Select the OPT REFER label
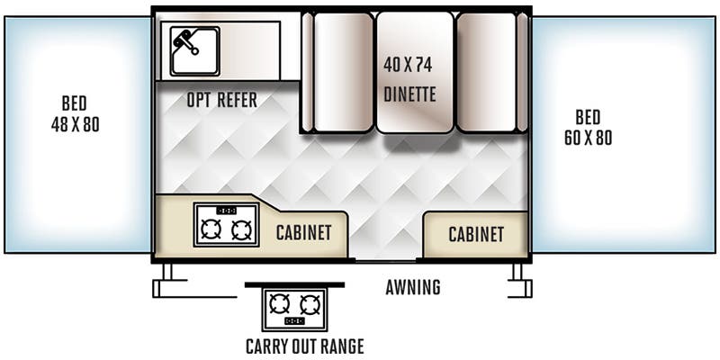click(222, 100)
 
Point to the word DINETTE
click(409, 93)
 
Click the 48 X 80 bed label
click(75, 113)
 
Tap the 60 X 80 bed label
click(588, 129)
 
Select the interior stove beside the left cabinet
click(226, 225)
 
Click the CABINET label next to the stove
click(303, 233)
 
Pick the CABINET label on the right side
click(476, 234)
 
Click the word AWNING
click(413, 288)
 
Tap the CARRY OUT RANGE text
click(304, 346)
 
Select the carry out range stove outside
click(295, 309)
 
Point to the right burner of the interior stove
click(241, 230)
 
